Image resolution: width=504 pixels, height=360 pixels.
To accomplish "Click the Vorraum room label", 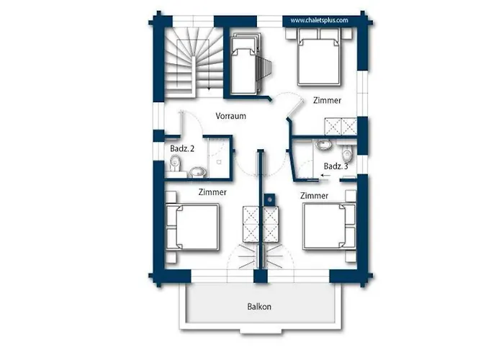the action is point(231,116).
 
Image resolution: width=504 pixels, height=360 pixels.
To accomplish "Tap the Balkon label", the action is point(259,306).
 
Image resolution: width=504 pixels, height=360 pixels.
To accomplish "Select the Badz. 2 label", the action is point(182,148).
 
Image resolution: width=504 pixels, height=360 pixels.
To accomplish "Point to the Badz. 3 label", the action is point(336,166).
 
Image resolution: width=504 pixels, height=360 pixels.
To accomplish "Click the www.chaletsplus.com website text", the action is point(319,20).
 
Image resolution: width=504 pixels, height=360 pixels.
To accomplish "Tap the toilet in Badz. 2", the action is point(175,163).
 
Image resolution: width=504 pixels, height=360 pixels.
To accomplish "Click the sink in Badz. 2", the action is point(198,172).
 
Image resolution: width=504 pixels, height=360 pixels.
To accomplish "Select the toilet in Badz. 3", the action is point(347,153).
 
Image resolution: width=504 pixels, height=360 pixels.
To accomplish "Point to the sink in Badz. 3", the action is point(323,145).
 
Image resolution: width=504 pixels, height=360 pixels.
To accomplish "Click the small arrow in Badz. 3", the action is point(325,176).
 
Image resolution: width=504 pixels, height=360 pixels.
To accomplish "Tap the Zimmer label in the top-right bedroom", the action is point(327,100).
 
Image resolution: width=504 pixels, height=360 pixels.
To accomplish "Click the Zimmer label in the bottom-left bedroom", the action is point(212,192).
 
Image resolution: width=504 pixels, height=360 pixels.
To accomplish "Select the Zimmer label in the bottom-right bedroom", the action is point(314,195).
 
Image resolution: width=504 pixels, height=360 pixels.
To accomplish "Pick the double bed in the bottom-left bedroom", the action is point(192,227).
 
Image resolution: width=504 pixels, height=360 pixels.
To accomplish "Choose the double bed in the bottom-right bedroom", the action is point(330,226).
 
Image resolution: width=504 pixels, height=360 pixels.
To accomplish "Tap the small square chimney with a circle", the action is point(270,199).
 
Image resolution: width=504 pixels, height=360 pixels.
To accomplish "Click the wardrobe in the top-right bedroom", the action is point(341,126).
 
